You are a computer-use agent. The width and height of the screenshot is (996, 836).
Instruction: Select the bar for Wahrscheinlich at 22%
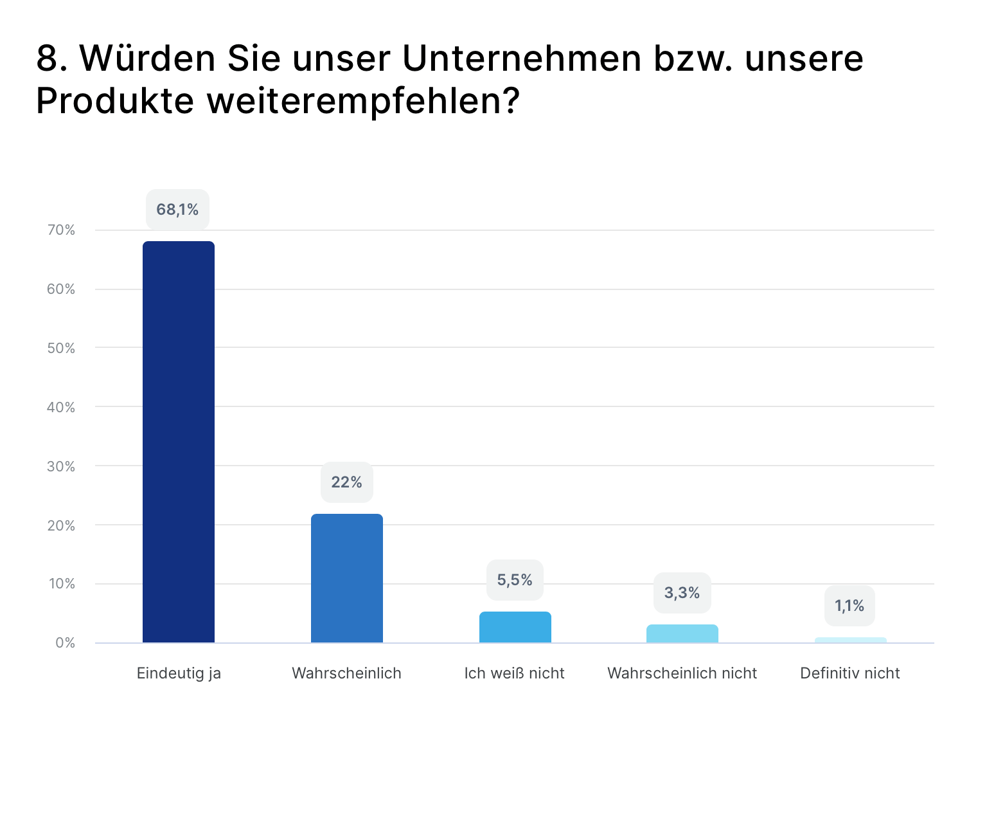pos(347,578)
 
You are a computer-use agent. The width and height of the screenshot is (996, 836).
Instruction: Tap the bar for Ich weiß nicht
pos(515,627)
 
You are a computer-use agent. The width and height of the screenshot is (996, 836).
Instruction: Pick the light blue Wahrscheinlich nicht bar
pos(682,633)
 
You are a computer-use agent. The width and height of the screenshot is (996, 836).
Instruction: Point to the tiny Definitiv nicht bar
pos(851,640)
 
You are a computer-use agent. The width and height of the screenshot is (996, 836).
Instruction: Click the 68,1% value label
pos(177,210)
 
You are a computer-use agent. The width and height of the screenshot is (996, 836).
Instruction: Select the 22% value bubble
pos(347,482)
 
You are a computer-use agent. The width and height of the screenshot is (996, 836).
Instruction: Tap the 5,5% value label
pos(515,580)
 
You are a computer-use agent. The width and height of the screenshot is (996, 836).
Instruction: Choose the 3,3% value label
pos(682,593)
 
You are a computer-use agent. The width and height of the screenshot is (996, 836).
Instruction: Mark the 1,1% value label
pos(849,606)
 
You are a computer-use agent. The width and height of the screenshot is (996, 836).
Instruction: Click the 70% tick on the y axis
pos(61,230)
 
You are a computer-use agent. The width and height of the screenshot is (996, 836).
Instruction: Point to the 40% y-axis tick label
pos(61,407)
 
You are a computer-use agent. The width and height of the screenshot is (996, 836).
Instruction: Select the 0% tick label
pos(65,643)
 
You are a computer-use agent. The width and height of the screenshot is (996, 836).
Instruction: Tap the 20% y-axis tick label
pos(61,525)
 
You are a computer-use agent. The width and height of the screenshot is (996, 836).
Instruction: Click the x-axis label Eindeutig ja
pos(179,673)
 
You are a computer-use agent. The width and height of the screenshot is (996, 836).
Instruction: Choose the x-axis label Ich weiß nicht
pos(514,673)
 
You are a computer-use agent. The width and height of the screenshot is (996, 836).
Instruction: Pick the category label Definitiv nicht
pos(849,673)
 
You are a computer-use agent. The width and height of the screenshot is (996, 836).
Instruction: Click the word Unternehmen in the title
pos(522,59)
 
